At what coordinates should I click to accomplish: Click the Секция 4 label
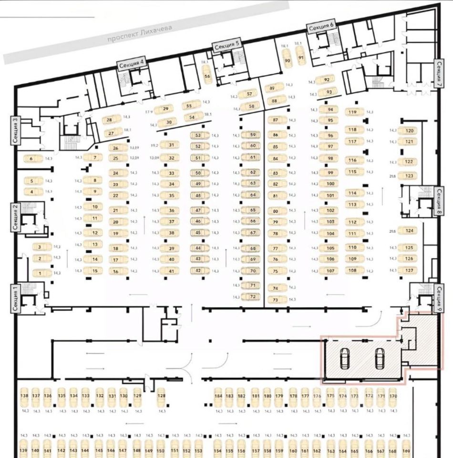[132, 64]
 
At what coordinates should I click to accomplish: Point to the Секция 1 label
[16, 298]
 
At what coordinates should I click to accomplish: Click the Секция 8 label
[439, 202]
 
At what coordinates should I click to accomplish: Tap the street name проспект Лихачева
[139, 34]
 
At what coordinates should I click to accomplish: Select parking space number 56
[207, 76]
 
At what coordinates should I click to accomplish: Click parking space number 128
[162, 396]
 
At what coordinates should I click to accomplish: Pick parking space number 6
[31, 158]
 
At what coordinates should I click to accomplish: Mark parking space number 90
[287, 61]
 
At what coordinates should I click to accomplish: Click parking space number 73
[276, 300]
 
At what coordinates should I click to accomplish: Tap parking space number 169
[406, 451]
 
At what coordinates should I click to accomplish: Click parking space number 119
[353, 113]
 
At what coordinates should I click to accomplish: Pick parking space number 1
[41, 273]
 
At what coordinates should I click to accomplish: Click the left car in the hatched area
[344, 359]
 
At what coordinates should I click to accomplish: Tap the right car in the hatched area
[380, 359]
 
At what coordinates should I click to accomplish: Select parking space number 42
[198, 271]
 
